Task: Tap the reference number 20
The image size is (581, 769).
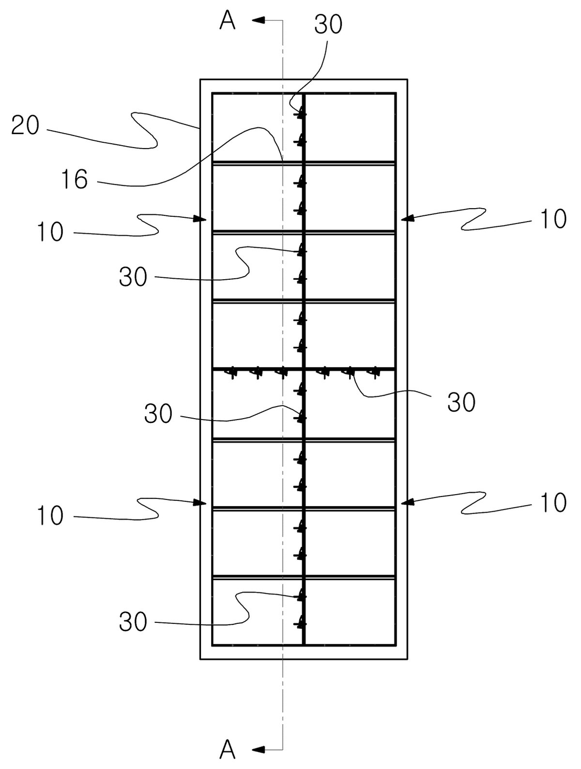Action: pos(25,126)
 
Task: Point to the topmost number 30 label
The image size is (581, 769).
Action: pos(328,25)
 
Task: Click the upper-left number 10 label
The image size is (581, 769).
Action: pos(50,232)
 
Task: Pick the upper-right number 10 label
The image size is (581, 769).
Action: pos(553,219)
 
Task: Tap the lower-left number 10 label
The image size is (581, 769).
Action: pos(50,515)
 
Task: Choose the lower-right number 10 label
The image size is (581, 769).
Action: pos(553,503)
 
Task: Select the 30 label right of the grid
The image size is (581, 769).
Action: pos(461,402)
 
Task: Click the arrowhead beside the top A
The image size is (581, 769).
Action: pos(258,20)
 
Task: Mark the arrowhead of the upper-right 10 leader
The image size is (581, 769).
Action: pos(408,219)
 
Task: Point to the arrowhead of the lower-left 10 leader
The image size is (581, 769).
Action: pos(200,503)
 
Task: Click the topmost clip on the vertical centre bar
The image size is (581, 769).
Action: pos(301,114)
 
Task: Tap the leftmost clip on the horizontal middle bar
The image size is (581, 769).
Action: pos(231,373)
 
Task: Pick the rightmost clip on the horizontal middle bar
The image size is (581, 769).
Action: pos(375,373)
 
